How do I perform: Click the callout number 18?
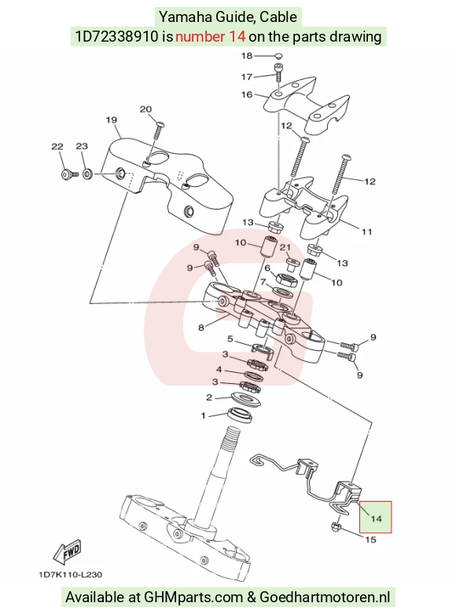[247, 56]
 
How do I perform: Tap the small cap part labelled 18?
[279, 56]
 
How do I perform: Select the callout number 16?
[247, 94]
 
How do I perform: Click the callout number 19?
[112, 120]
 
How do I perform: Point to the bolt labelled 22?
[69, 174]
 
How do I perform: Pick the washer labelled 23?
[88, 173]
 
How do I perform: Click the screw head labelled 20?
[160, 125]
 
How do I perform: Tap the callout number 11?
[366, 232]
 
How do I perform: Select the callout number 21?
[285, 247]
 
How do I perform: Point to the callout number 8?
[201, 327]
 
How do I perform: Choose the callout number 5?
[230, 338]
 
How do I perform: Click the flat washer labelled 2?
[246, 399]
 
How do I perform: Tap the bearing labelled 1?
[240, 415]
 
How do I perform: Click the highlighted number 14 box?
[376, 517]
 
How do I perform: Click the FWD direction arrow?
[68, 551]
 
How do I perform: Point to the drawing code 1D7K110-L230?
[70, 575]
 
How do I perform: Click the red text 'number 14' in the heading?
[211, 36]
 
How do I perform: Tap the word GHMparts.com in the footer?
[193, 598]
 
